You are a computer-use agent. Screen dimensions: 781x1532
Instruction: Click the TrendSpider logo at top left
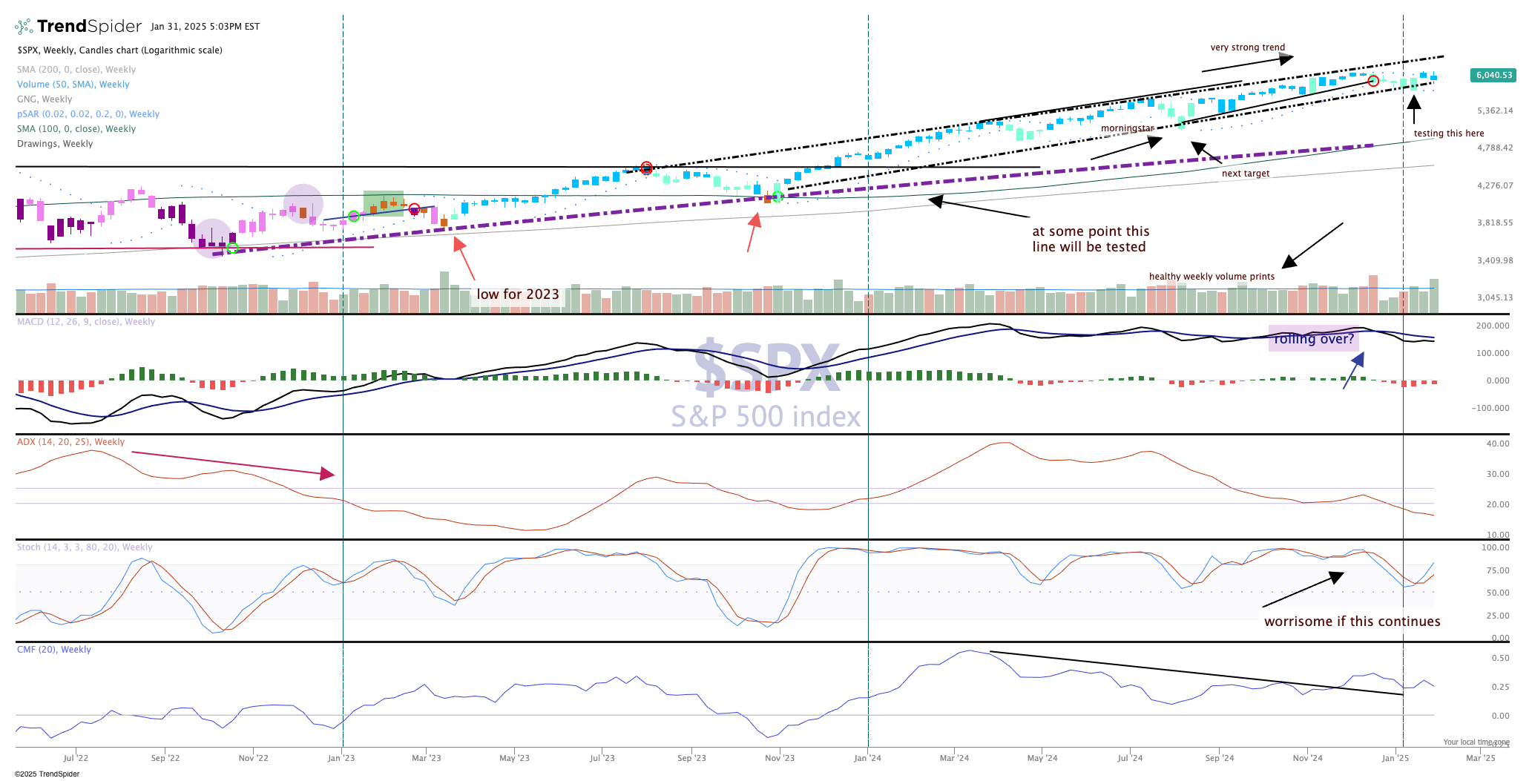[79, 27]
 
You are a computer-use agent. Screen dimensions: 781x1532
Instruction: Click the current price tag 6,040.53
[1493, 75]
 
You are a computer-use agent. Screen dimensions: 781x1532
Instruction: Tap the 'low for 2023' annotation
[517, 294]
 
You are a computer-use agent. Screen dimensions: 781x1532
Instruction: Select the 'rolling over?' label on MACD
[1314, 339]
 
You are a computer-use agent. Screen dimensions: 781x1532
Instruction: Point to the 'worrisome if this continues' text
[1352, 622]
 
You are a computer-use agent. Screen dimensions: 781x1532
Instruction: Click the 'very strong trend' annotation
[1247, 47]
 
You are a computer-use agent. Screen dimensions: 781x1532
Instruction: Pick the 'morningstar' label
[1127, 128]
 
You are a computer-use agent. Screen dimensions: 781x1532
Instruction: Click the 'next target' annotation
[1245, 174]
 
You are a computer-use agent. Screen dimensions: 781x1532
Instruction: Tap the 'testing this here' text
[1448, 134]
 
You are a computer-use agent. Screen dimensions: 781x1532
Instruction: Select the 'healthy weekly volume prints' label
[1212, 277]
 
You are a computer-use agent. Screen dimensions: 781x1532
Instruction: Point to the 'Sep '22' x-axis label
[165, 758]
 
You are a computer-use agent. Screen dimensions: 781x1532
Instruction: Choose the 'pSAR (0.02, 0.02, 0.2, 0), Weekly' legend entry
[88, 114]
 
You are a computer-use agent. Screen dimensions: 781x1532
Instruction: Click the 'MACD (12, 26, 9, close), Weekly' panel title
[86, 322]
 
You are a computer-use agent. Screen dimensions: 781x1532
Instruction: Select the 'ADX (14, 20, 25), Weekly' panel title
[70, 442]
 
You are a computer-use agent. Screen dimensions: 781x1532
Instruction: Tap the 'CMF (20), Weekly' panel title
[54, 650]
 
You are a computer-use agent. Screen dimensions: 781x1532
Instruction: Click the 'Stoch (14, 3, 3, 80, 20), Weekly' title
[85, 547]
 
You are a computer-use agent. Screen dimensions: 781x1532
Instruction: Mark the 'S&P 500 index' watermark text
[766, 417]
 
